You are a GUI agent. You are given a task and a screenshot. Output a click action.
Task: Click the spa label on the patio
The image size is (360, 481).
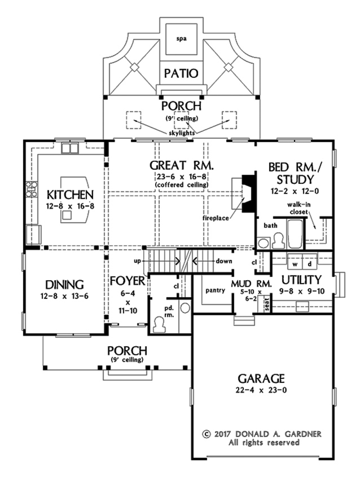[181, 39]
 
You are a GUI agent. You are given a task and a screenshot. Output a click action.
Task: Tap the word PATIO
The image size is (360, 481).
[181, 73]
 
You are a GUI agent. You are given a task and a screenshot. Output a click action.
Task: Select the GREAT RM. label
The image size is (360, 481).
[181, 165]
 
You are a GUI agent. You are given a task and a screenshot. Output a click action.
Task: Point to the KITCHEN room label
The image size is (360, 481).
[70, 195]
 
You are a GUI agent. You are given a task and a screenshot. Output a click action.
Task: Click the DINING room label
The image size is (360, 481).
[64, 285]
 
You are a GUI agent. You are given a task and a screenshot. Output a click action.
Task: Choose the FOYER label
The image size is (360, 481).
[128, 281]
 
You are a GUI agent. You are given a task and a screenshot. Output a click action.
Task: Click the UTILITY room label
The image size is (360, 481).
[301, 280]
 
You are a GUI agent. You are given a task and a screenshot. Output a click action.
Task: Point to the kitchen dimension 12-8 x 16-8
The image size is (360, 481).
[70, 206]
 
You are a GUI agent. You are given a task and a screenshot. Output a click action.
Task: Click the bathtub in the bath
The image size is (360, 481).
[295, 234]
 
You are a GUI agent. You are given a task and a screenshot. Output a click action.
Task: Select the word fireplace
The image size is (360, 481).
[216, 218]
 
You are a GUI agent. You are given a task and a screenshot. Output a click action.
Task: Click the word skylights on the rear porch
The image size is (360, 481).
[182, 133]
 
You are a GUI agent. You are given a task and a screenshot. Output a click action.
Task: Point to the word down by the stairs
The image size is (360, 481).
[224, 261]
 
